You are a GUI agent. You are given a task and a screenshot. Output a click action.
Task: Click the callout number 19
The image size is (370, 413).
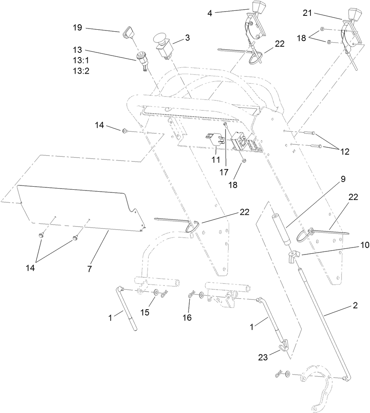[78, 28]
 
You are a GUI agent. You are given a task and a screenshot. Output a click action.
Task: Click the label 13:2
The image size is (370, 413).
[81, 71]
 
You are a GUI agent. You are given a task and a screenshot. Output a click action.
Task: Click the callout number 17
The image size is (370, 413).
[224, 172]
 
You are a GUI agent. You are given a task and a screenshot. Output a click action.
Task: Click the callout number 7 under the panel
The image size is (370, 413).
[89, 269]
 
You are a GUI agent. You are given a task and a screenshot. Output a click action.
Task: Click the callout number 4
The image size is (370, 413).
[210, 13]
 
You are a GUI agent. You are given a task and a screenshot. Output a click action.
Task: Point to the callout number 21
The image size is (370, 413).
[307, 13]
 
